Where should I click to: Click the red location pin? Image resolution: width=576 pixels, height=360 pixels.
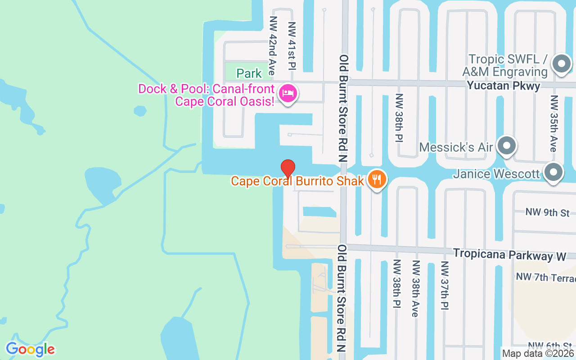point(288,168)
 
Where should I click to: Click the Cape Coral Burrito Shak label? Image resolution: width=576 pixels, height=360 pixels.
point(297,181)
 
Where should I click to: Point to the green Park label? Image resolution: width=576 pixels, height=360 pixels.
point(249,73)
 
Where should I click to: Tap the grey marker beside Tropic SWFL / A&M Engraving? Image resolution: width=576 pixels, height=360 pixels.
point(561,64)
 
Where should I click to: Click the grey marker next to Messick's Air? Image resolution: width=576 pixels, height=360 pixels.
point(508,146)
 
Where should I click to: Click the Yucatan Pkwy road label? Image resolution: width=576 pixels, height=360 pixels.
point(504,85)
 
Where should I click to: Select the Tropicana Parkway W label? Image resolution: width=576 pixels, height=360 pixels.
point(509,254)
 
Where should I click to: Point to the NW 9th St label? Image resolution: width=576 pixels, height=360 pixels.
point(547,212)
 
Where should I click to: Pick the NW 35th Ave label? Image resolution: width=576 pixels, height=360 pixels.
point(554,123)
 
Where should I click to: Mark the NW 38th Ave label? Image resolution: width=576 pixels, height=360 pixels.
point(416,288)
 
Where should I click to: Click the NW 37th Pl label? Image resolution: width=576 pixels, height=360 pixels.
point(445,286)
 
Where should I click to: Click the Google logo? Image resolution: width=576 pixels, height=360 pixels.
point(30,349)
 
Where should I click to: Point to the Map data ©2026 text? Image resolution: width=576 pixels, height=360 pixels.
point(538,354)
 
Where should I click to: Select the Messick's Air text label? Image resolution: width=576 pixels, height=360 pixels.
point(456,147)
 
